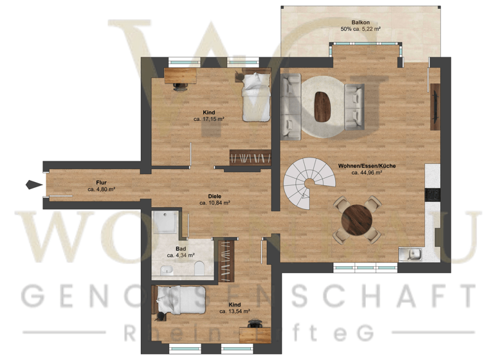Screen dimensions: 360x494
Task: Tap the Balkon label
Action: tap(360, 22)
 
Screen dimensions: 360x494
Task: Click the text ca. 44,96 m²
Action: tap(367, 172)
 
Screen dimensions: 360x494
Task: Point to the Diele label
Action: tap(215, 195)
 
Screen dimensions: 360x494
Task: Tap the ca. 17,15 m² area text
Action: tap(208, 119)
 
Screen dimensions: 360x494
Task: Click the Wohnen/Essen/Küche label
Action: tap(367, 165)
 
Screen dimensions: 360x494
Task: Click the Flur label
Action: tap(101, 183)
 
